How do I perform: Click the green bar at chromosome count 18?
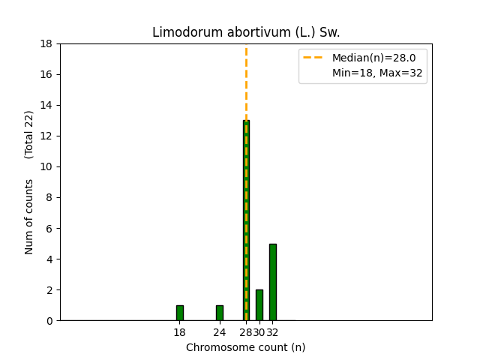point(179,313)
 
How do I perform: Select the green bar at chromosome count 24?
point(219,313)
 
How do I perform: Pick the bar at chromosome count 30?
point(259,305)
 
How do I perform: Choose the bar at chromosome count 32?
point(272,282)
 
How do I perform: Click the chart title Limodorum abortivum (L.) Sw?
point(246,32)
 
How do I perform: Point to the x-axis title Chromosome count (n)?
point(246,347)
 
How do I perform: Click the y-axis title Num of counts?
point(29,216)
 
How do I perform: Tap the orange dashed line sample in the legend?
point(314,58)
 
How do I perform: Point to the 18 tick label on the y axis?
point(46,43)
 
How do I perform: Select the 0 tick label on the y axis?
point(49,320)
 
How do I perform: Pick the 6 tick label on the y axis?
point(49,228)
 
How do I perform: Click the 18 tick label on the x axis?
point(179,332)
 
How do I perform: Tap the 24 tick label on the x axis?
point(219,332)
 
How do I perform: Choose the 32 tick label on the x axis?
point(273,332)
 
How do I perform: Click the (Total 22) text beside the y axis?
point(29,134)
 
